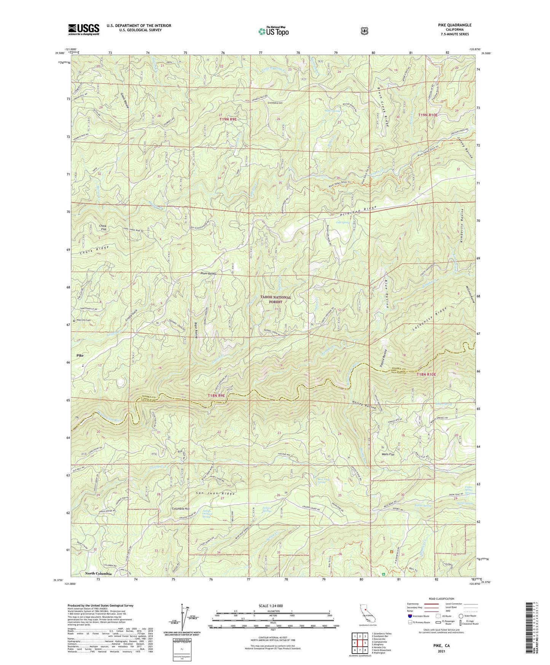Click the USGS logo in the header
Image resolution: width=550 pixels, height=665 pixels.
83,29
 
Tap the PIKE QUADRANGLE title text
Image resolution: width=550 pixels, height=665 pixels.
454,25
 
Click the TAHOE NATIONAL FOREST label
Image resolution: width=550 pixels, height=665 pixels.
276,299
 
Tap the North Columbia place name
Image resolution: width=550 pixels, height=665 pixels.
98,574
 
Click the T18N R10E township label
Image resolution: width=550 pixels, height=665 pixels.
426,374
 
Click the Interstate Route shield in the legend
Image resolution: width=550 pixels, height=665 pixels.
410,616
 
